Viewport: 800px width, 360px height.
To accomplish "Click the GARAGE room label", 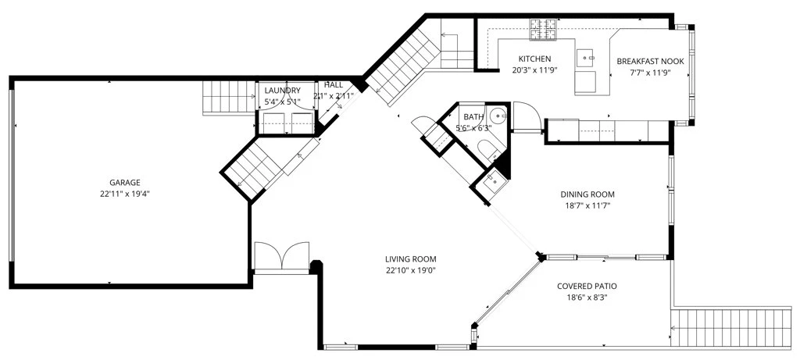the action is [124, 183].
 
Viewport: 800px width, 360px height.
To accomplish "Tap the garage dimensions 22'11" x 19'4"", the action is [124, 194].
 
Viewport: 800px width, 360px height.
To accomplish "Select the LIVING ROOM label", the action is [411, 259].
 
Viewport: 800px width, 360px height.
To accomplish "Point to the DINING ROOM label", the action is [587, 194].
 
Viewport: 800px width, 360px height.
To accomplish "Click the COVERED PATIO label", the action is [583, 286].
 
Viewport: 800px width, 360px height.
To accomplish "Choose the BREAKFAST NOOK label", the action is [650, 61].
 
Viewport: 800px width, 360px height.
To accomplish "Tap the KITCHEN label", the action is [534, 59].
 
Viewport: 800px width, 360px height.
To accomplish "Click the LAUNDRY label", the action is [282, 91].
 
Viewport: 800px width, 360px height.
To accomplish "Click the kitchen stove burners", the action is [544, 29].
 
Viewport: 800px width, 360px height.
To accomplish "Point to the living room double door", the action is [281, 256].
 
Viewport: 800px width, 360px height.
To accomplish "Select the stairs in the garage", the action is [228, 98].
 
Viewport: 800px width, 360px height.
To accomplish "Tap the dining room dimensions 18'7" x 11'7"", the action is [587, 206].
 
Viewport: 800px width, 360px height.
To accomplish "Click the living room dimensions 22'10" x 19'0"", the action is [411, 270].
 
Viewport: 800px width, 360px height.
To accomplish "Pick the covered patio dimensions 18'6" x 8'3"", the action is [583, 298].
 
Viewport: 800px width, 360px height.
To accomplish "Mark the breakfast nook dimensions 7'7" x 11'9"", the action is [650, 73].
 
